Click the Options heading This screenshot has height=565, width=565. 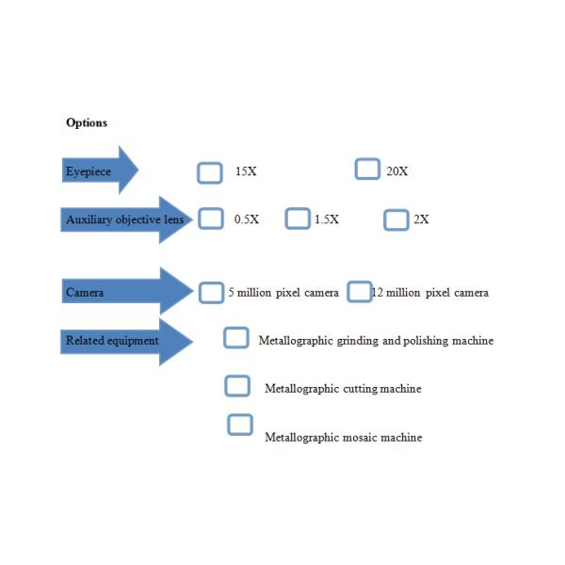[87, 123]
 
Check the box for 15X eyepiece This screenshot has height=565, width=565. [210, 172]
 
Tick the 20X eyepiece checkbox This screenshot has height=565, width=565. [367, 169]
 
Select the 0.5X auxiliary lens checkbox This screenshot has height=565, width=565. [211, 218]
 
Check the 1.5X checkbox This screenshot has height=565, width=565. [298, 218]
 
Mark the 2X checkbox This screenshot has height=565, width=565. [396, 219]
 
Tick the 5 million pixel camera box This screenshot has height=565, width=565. [212, 292]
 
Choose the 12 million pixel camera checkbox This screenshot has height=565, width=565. [359, 292]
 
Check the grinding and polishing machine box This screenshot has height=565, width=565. [236, 338]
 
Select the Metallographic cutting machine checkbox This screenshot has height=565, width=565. [237, 386]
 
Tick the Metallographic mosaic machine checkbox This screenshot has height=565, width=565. [240, 425]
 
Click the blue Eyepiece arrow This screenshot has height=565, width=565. [99, 171]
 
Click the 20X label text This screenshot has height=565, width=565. [396, 171]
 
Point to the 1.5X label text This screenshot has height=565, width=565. [327, 219]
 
